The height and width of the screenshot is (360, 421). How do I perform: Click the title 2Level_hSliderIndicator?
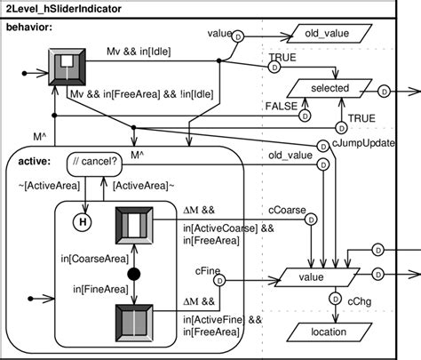pyautogui.click(x=64, y=9)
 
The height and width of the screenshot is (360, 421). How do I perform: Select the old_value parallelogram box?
pyautogui.click(x=330, y=34)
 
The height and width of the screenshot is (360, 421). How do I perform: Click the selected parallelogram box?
pyautogui.click(x=330, y=88)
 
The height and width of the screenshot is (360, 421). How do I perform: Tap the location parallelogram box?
pyautogui.click(x=330, y=332)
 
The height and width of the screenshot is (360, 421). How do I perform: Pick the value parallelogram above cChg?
pyautogui.click(x=317, y=277)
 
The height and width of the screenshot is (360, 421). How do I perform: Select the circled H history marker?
pyautogui.click(x=83, y=221)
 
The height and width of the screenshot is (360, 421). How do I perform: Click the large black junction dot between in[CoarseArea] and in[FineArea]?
pyautogui.click(x=134, y=274)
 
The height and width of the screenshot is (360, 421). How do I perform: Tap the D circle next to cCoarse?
pyautogui.click(x=311, y=220)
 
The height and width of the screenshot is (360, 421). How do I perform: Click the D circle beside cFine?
pyautogui.click(x=219, y=281)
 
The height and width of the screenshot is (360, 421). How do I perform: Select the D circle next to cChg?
pyautogui.click(x=336, y=300)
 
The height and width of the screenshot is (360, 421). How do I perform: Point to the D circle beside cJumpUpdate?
pyautogui.click(x=323, y=147)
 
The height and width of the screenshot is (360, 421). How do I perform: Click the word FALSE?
pyautogui.click(x=282, y=106)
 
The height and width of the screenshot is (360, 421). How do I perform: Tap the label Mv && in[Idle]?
pyautogui.click(x=139, y=52)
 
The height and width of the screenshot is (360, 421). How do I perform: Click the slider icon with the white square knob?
pyautogui.click(x=67, y=68)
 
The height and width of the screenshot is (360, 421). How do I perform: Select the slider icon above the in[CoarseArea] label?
pyautogui.click(x=134, y=226)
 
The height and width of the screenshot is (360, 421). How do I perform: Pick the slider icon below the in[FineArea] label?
pyautogui.click(x=134, y=324)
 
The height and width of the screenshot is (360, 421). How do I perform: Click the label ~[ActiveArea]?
pyautogui.click(x=49, y=186)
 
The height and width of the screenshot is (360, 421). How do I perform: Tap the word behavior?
pyautogui.click(x=29, y=28)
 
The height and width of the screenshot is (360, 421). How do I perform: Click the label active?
pyautogui.click(x=35, y=162)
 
